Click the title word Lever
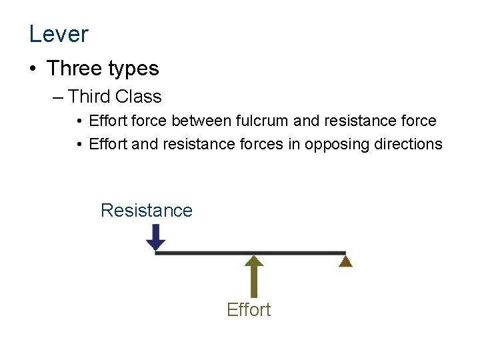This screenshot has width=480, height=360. pyautogui.click(x=59, y=33)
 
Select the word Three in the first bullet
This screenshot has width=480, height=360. pyautogui.click(x=75, y=69)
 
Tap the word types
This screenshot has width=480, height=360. pyautogui.click(x=135, y=69)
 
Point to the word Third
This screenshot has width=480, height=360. pyautogui.click(x=89, y=97)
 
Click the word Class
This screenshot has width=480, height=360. pyautogui.click(x=138, y=97)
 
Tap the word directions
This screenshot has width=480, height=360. pyautogui.click(x=406, y=144)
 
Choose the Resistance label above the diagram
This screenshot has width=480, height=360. pyautogui.click(x=146, y=211)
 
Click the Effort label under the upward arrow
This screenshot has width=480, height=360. pyautogui.click(x=249, y=310)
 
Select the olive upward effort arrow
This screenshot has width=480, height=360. pyautogui.click(x=253, y=276)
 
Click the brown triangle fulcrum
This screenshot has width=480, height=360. pyautogui.click(x=345, y=261)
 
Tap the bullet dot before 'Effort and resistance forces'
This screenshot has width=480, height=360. pyautogui.click(x=79, y=145)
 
